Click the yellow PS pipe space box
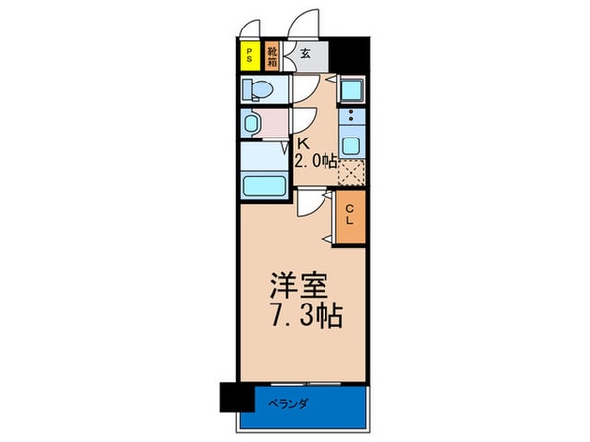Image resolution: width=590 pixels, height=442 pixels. point(250,55)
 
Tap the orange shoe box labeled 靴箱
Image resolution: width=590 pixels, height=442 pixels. point(272,55)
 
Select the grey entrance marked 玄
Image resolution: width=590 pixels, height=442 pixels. point(306,54)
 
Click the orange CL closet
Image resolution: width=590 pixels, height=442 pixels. point(350,220)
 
